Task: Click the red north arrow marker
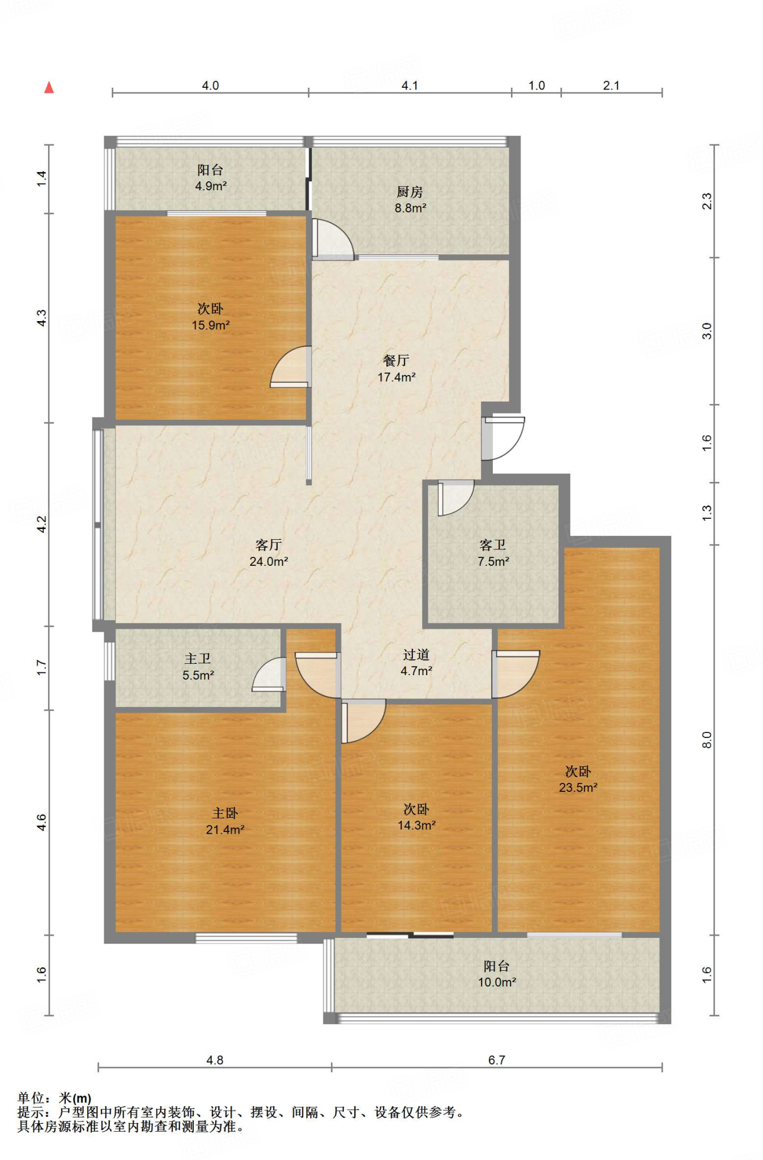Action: (x=49, y=87)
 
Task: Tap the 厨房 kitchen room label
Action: (x=410, y=192)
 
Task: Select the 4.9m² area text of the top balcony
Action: (x=211, y=186)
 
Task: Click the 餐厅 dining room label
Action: (x=396, y=360)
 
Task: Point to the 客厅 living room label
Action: (x=268, y=545)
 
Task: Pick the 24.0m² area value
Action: (x=268, y=561)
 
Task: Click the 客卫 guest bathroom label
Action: (x=493, y=545)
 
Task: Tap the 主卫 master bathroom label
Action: (x=198, y=659)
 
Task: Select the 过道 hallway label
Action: (x=416, y=655)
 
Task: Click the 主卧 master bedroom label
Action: (x=225, y=813)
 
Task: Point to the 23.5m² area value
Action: (x=578, y=787)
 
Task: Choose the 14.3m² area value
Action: (x=417, y=825)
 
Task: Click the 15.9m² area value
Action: (x=211, y=325)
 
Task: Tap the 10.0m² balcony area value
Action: (x=497, y=982)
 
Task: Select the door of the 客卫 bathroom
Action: (x=455, y=498)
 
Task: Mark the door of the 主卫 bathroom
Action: (x=268, y=674)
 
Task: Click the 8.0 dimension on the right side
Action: (x=706, y=740)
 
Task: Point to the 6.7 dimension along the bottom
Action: (x=497, y=1060)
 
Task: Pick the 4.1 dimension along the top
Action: (x=410, y=86)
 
